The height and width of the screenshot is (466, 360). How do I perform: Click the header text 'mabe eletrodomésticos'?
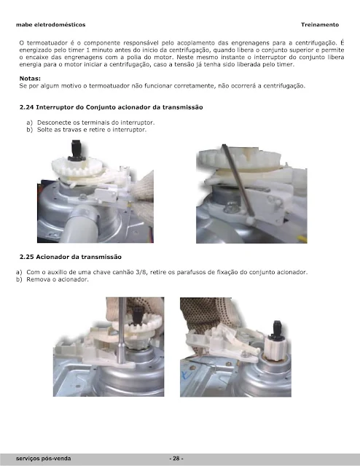click(51, 25)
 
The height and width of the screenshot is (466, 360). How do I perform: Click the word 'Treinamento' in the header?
click(320, 25)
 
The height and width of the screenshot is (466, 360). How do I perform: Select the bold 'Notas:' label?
click(30, 79)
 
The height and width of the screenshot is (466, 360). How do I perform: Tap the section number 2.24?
click(26, 107)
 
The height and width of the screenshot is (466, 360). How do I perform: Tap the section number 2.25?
click(26, 257)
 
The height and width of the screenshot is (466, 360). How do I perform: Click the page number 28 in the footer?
click(176, 458)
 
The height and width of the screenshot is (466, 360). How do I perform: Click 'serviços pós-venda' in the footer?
click(44, 458)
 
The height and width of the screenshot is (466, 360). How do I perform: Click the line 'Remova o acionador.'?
click(58, 279)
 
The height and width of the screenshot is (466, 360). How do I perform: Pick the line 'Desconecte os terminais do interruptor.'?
click(96, 123)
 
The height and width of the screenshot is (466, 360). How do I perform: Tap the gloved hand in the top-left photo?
click(143, 196)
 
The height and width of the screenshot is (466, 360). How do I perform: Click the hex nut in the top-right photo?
click(230, 206)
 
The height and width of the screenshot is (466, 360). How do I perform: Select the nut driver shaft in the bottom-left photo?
click(122, 330)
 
